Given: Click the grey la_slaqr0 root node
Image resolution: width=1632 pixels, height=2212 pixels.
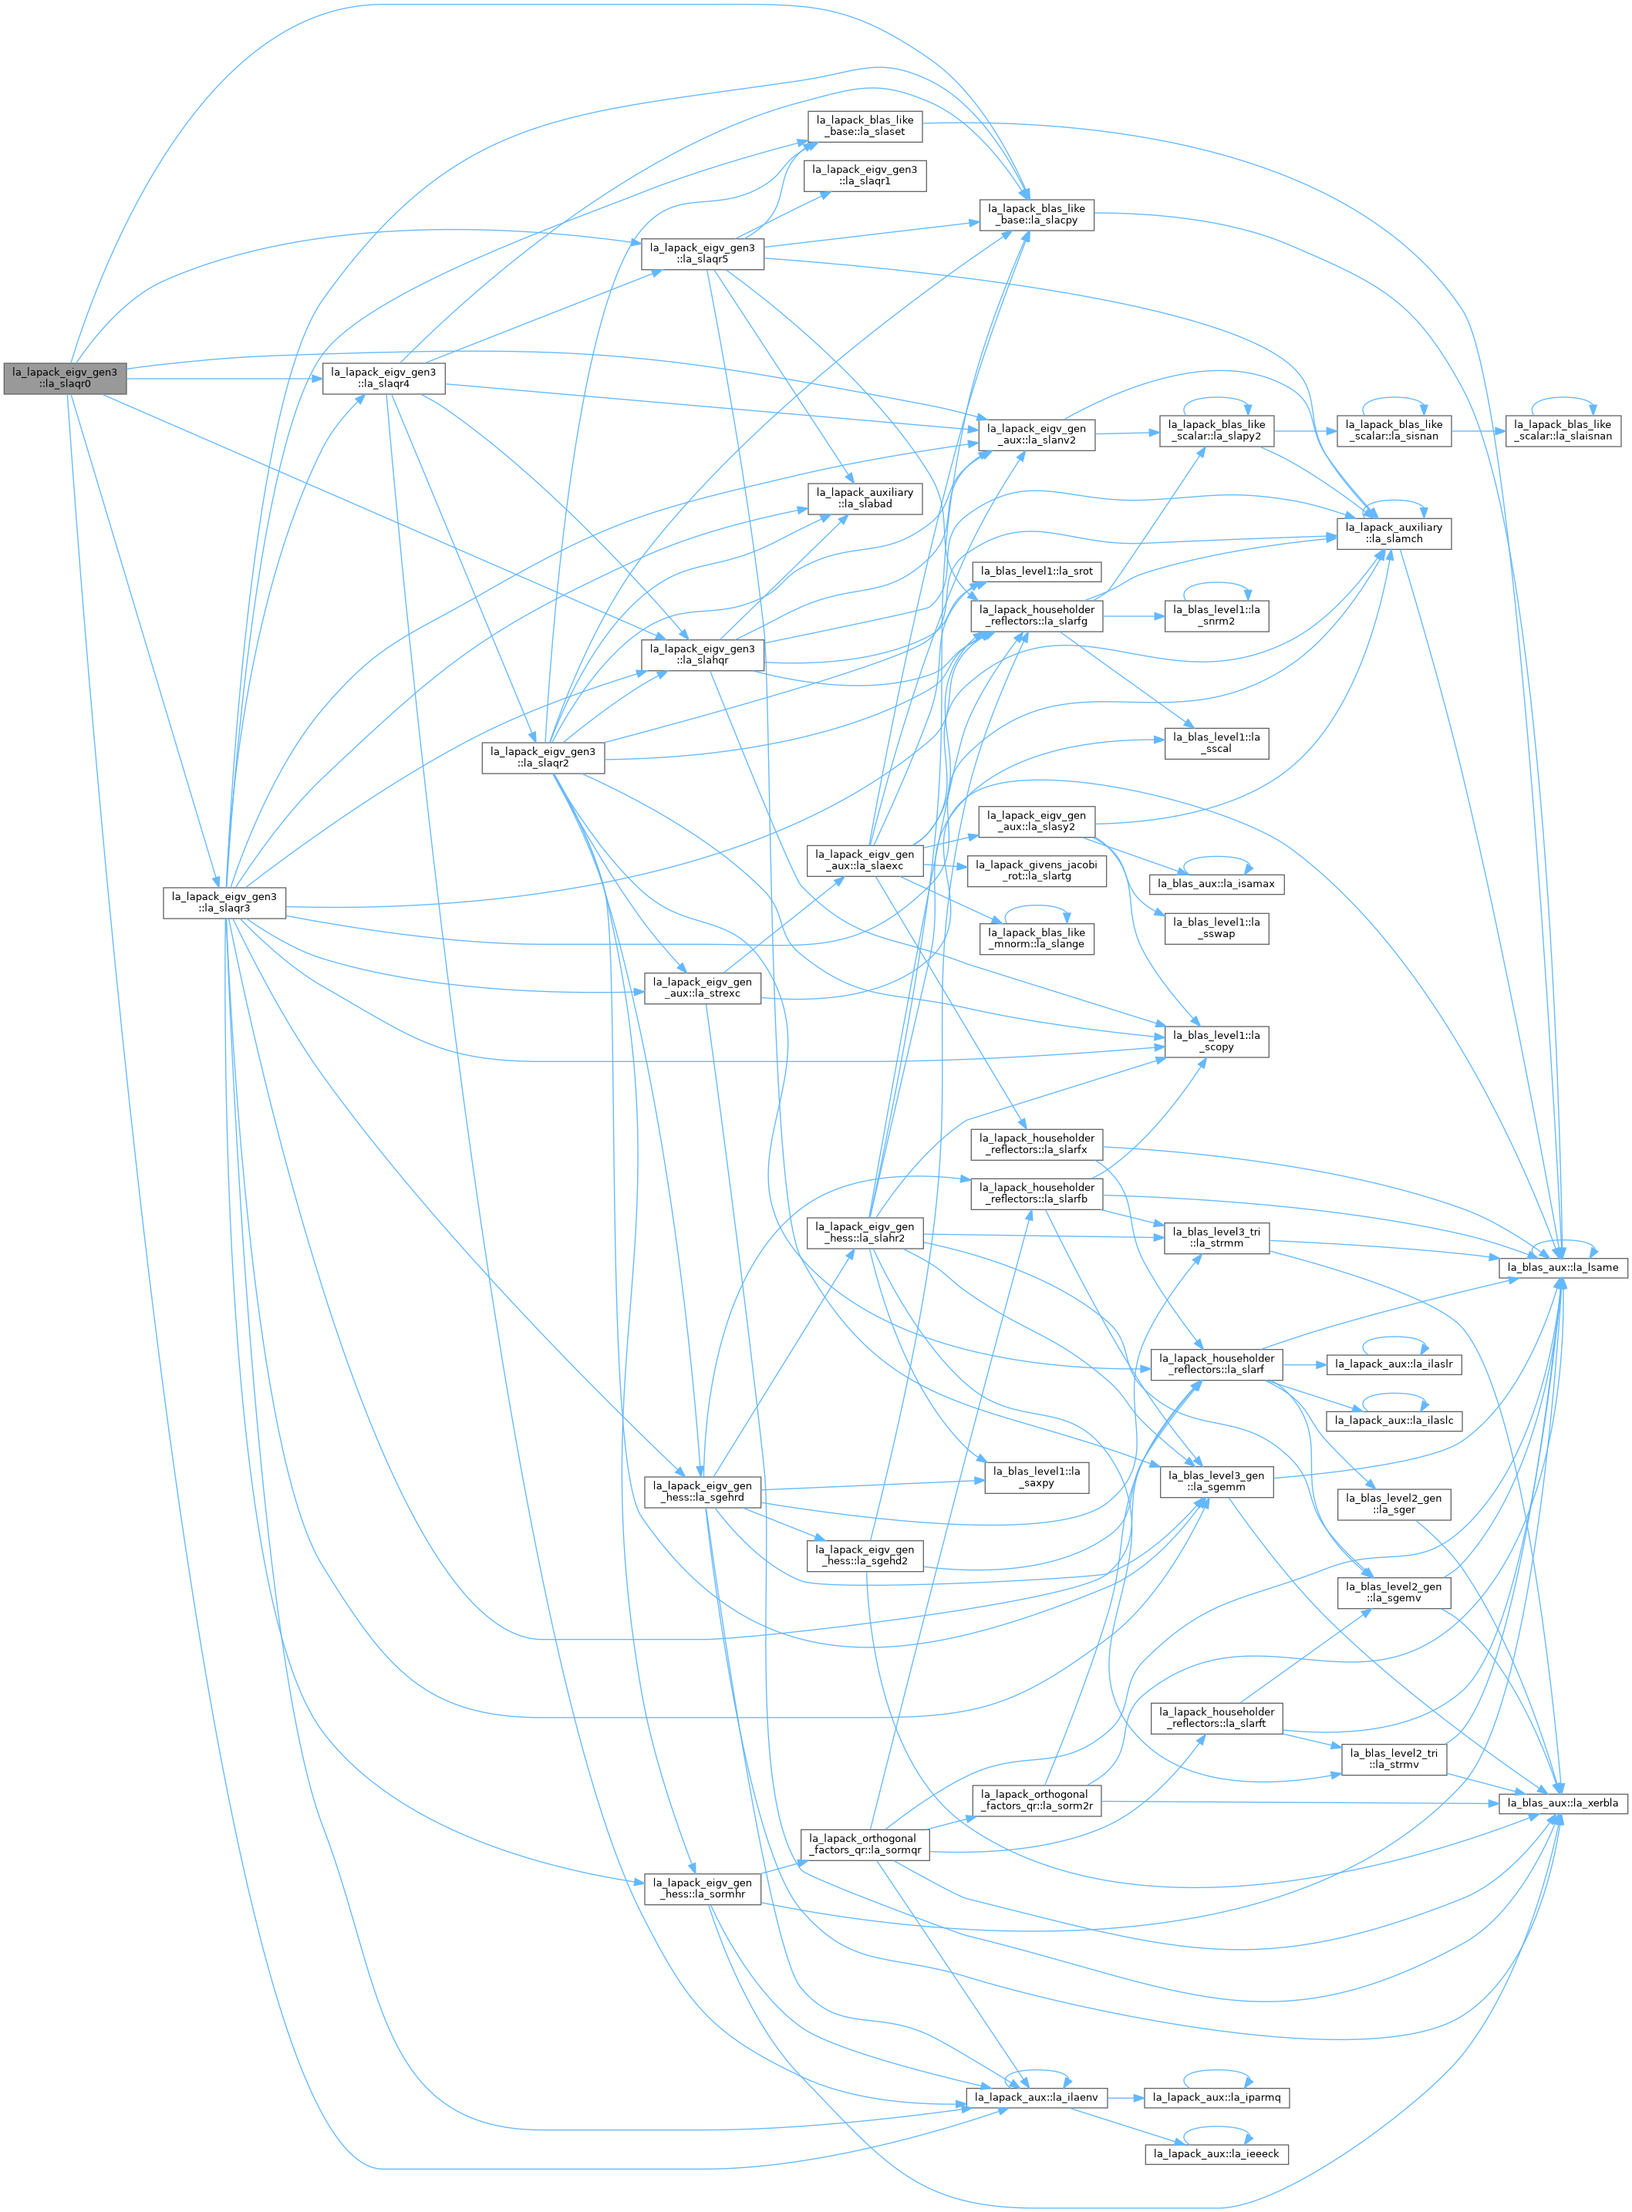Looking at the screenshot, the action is (x=66, y=379).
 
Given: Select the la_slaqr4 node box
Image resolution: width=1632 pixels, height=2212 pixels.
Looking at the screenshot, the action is (x=383, y=379).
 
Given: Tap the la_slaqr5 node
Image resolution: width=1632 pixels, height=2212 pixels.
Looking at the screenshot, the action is (x=703, y=254).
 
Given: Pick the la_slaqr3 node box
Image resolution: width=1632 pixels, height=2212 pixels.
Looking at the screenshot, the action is (x=224, y=902).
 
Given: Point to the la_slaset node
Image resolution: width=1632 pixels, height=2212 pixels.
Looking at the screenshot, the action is (x=865, y=126).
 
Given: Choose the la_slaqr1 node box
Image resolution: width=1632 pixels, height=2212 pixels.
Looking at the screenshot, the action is (x=865, y=176).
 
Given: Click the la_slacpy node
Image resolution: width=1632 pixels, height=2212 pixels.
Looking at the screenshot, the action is (x=1037, y=214).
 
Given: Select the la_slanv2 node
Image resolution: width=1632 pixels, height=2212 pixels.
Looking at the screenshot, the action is (x=1037, y=435).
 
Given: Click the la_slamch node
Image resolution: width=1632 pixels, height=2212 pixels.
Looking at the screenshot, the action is (x=1394, y=534).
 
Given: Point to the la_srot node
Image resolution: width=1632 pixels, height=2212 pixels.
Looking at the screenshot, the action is (x=1037, y=571).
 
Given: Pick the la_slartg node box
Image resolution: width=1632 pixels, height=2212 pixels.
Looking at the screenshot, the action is (x=1037, y=870).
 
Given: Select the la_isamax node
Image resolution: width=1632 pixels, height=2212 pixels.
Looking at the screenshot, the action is (x=1217, y=884).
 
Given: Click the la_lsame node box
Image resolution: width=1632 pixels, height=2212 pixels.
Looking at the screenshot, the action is (x=1563, y=1267).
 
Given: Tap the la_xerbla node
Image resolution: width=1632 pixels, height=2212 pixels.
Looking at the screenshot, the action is (x=1563, y=1803).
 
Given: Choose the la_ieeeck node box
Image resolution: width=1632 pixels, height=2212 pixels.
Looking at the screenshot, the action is (x=1217, y=2153).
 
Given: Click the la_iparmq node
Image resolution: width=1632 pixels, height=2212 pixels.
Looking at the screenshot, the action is (x=1217, y=2097).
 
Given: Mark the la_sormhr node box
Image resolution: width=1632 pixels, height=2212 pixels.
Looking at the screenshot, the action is (x=703, y=1889).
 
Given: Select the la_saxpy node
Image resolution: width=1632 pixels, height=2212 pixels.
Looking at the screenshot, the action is (x=1037, y=1477).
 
